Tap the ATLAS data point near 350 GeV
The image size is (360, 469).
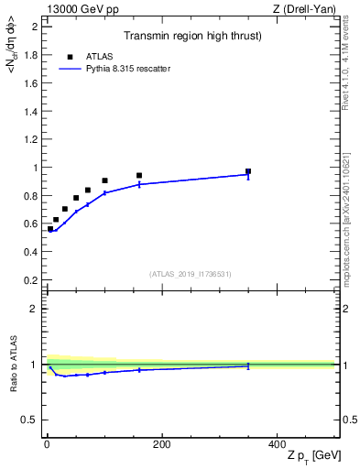click(248, 171)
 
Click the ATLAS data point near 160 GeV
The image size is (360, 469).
click(139, 175)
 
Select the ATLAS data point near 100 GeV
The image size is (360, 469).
click(104, 180)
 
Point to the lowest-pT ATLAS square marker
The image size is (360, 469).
click(50, 229)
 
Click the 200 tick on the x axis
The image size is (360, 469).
click(161, 444)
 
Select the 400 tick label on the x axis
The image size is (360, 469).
click(277, 444)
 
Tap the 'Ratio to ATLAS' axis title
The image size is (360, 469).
click(12, 365)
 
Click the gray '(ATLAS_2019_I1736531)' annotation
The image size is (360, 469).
click(191, 273)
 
